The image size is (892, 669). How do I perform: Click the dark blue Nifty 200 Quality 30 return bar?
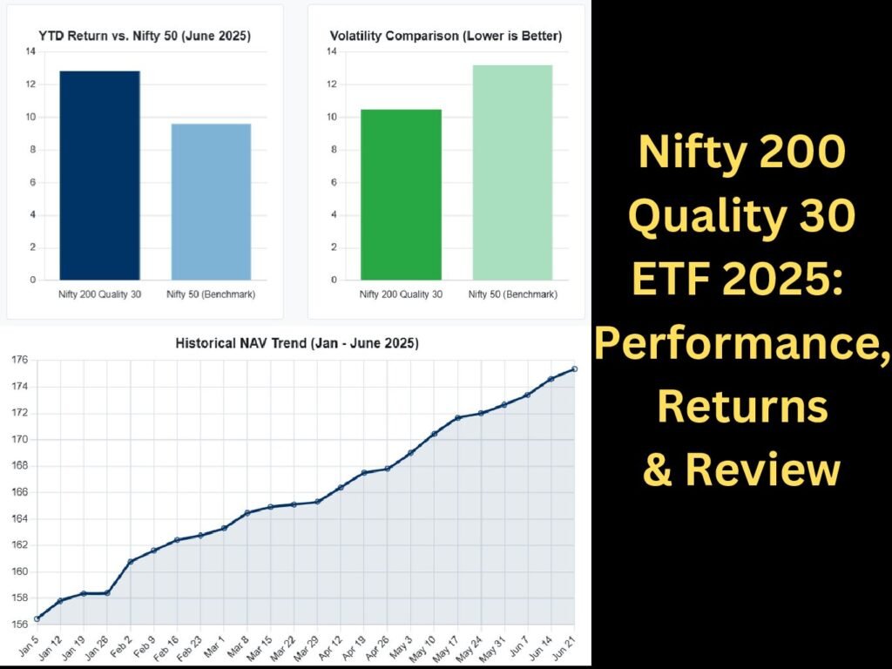99,175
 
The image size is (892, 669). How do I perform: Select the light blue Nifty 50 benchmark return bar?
211,202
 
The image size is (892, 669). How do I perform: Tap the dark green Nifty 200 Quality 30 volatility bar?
401,194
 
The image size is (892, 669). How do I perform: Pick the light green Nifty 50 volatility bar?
512,172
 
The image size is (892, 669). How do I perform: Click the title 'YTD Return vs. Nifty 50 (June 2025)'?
145,37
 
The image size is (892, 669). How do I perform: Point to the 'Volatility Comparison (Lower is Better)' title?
446,37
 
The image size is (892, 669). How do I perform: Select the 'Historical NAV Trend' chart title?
297,343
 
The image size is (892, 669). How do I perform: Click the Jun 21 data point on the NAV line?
575,369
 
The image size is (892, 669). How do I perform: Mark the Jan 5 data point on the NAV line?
37,618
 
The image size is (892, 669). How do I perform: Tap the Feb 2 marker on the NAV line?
131,562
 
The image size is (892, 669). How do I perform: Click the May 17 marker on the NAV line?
457,418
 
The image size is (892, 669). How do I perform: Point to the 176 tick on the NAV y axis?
19,360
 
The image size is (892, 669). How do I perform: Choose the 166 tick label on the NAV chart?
19,492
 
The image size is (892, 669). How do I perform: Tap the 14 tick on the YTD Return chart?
30,51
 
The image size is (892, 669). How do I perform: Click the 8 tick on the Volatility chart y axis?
334,150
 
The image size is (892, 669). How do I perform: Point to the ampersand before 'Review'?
659,470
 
